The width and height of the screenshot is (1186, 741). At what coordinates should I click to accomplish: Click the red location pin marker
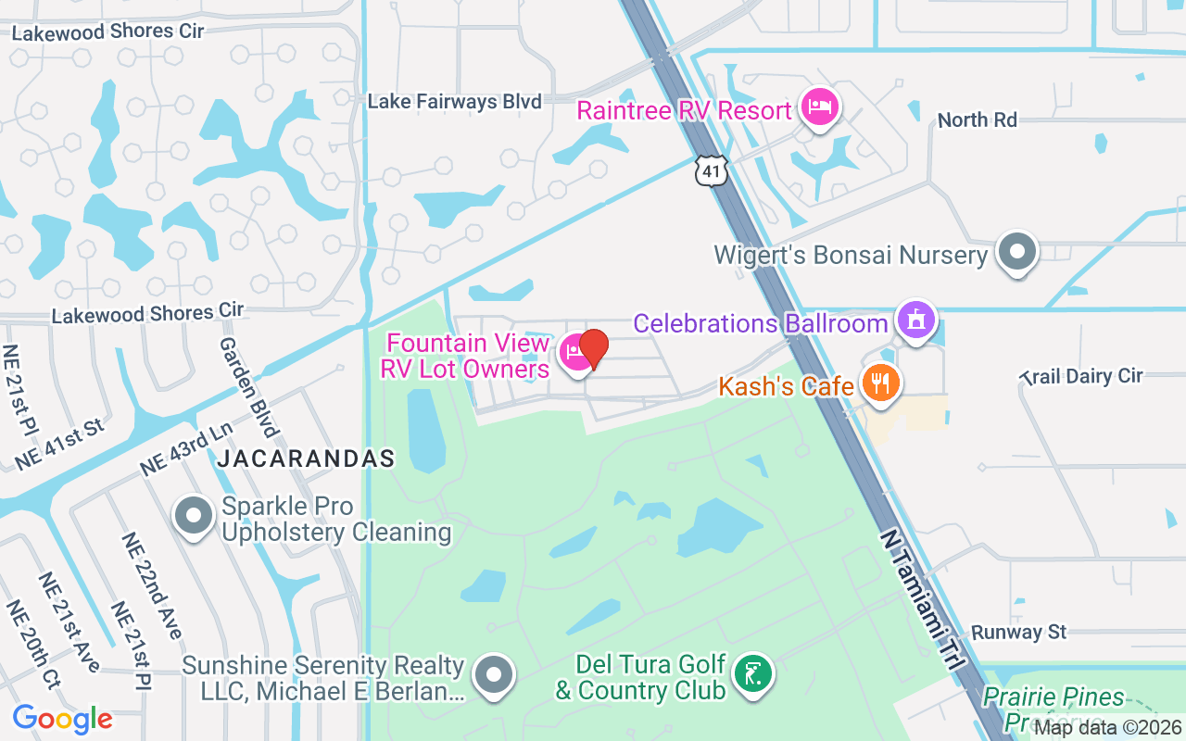tap(593, 349)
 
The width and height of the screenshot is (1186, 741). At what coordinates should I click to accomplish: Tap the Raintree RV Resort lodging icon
tap(819, 107)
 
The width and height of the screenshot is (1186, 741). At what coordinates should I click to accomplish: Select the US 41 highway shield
tap(712, 170)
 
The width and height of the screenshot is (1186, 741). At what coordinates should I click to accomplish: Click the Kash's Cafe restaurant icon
tap(879, 383)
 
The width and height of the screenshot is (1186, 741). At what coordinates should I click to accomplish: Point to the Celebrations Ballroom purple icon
tap(916, 320)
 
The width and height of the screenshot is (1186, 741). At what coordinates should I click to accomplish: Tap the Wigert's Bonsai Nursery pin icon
tap(1017, 251)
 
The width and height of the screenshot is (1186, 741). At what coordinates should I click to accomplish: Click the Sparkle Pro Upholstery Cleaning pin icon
tap(195, 516)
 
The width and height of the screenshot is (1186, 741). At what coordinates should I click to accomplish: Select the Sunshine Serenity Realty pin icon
tap(494, 675)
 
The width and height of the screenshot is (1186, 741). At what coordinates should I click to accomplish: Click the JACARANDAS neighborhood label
tap(306, 458)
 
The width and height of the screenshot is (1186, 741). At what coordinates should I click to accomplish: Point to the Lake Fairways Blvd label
tap(454, 101)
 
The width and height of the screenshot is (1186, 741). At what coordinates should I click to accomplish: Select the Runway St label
tap(1019, 633)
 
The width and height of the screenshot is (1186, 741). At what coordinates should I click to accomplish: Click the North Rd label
tap(977, 119)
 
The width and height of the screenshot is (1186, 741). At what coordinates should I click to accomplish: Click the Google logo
tap(63, 719)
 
